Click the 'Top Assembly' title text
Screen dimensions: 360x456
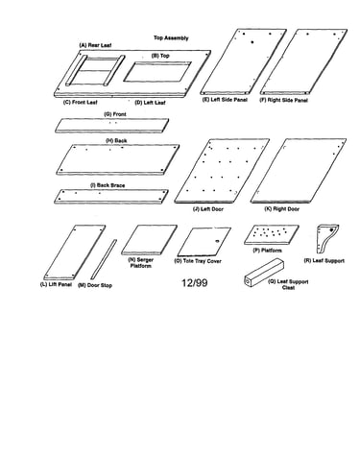(171, 38)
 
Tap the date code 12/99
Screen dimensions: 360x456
(195, 283)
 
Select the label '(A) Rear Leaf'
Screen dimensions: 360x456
(95, 45)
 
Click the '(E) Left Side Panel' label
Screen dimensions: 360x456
(225, 100)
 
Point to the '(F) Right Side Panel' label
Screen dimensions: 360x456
(283, 100)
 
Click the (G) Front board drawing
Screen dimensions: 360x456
(112, 125)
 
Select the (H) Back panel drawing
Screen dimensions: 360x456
(117, 159)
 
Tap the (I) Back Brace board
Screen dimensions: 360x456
(111, 196)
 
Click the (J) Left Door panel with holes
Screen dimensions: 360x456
(222, 171)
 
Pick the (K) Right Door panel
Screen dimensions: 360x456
(299, 171)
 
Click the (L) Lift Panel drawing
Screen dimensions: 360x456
(75, 252)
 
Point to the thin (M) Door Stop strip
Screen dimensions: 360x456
(104, 259)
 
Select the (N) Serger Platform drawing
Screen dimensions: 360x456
(149, 240)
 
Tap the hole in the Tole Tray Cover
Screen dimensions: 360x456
(217, 241)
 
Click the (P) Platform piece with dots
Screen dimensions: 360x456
(272, 235)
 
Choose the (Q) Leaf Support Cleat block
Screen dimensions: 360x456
(264, 272)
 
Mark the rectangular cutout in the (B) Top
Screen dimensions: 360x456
(157, 72)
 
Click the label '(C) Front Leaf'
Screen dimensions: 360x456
(81, 103)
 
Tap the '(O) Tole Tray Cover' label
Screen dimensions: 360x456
(198, 261)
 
